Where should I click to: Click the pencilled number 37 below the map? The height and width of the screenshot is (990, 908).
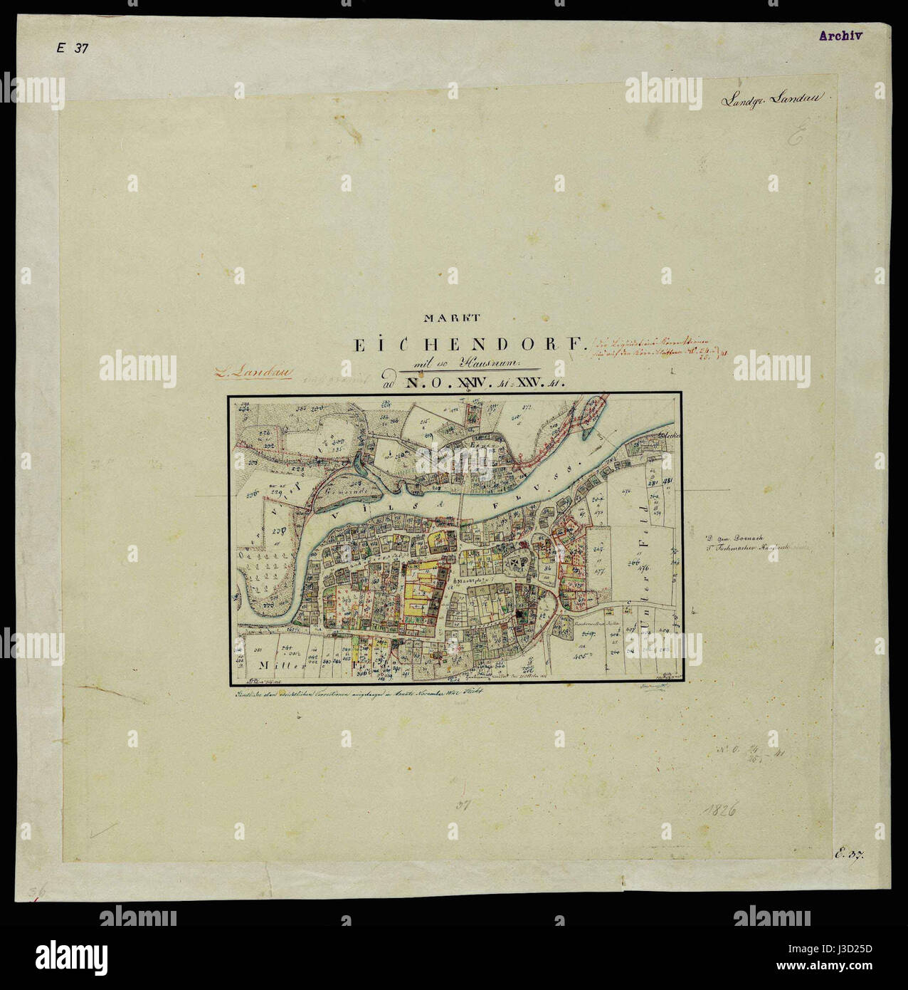463,805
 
